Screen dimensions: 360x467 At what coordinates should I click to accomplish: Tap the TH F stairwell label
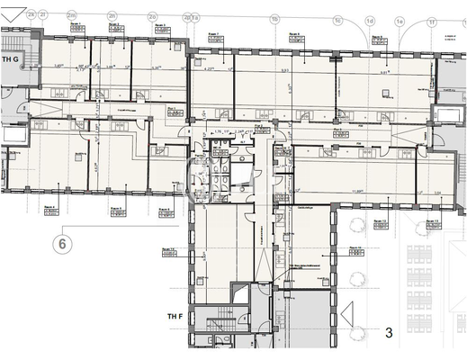pos(176,317)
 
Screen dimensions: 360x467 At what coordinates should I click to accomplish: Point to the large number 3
pos(389,333)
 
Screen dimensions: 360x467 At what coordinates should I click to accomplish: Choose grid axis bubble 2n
pos(112,15)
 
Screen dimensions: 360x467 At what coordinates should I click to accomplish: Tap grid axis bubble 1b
pos(274,18)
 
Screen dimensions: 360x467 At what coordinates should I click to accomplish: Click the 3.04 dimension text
pos(436,192)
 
